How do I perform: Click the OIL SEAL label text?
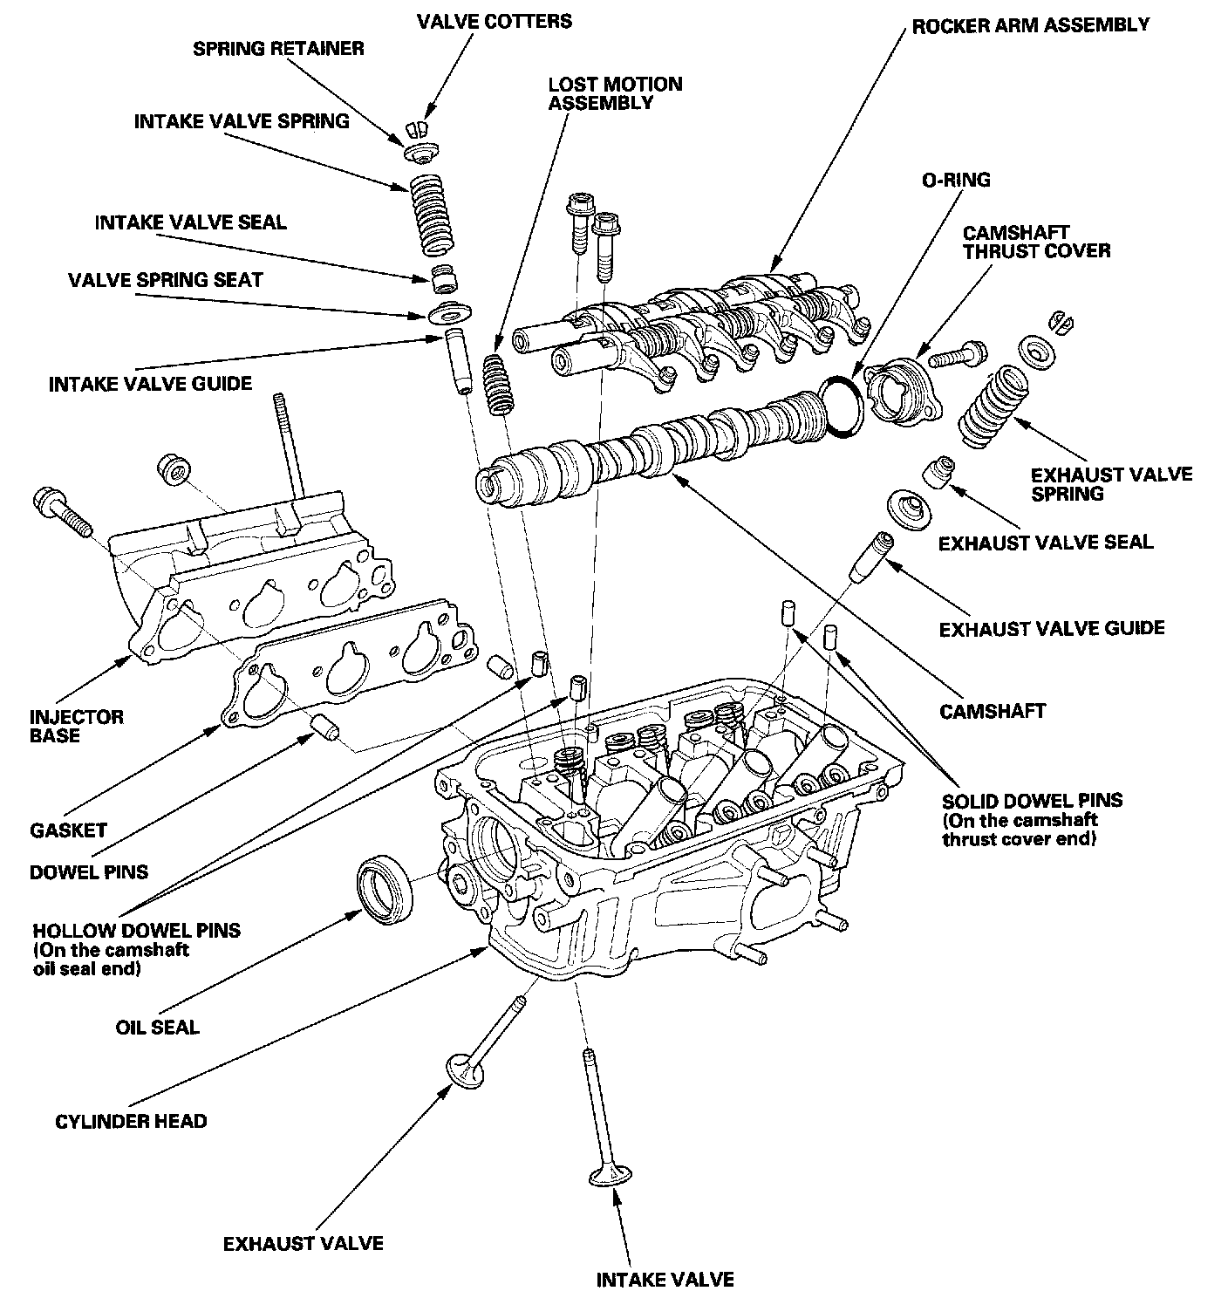pos(157,1027)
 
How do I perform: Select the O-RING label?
pos(956,181)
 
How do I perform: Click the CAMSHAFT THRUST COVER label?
pos(1036,242)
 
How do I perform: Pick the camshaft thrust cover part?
pos(904,393)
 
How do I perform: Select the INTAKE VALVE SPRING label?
pos(242,121)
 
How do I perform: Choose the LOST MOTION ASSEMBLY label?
pos(615,93)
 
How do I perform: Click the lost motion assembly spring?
pos(498,385)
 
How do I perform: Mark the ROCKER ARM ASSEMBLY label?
pos(1030,24)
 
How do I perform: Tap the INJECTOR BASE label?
pos(77,726)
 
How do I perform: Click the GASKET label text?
pos(68,830)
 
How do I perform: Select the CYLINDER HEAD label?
pos(131,1120)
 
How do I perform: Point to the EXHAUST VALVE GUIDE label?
pos(1051,628)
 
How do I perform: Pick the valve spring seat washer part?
pos(447,311)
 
